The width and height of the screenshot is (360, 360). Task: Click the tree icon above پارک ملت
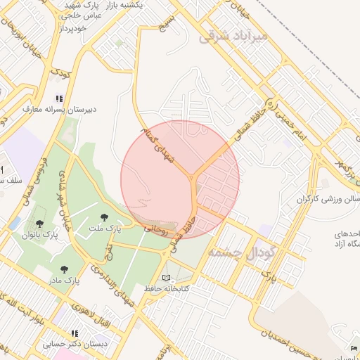105,217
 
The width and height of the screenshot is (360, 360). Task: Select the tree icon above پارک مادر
65,269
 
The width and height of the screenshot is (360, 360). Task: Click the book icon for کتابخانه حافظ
167,278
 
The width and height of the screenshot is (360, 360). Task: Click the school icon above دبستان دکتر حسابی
75,333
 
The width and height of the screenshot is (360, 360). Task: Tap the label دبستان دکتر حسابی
75,345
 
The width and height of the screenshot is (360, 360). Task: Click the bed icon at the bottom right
354,349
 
